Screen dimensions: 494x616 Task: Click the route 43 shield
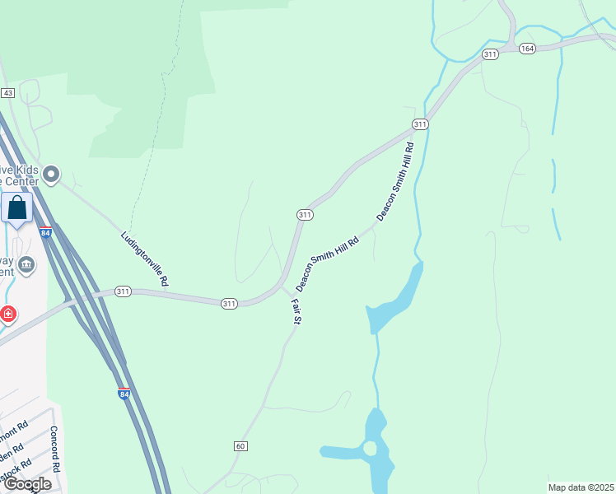[x=7, y=93]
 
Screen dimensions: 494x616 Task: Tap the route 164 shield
[x=528, y=49]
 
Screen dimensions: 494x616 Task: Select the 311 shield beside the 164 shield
[x=491, y=54]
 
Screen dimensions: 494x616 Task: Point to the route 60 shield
[x=240, y=446]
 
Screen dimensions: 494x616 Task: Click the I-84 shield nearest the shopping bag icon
[x=45, y=234]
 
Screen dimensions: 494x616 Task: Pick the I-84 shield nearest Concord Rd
[x=124, y=394]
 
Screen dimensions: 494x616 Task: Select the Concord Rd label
[x=56, y=449]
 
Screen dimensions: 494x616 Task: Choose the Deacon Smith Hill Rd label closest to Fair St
[x=328, y=264]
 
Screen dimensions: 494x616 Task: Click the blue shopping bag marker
[x=17, y=210]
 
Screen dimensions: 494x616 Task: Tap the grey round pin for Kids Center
[x=52, y=174]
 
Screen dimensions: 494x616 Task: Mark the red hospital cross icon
[x=7, y=315]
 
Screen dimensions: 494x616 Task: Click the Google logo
[x=27, y=484]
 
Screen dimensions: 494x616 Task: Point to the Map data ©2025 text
[x=581, y=487]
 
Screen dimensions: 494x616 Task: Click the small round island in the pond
[x=370, y=448]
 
